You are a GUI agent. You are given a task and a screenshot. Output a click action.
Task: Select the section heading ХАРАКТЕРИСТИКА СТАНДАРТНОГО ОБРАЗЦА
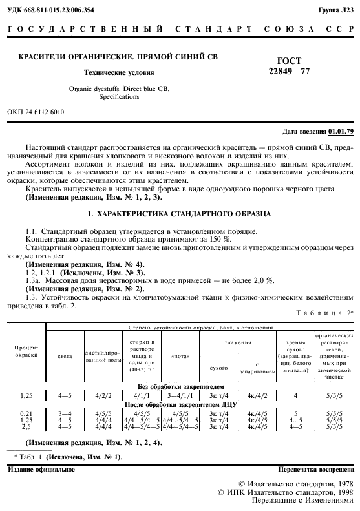coord(180,213)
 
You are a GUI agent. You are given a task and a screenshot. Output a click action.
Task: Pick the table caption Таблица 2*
coord(328,312)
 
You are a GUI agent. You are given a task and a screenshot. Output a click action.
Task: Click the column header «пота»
coord(180,355)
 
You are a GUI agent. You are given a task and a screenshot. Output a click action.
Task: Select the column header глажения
coord(238,342)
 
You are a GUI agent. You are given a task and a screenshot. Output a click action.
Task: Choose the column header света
coord(65,355)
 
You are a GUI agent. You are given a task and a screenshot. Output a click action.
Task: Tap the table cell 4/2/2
coord(104,393)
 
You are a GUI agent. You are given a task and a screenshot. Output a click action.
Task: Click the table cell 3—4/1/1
coord(180,393)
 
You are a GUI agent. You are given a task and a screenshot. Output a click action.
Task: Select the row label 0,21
coord(26,412)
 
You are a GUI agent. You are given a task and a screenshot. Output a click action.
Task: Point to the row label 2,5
coord(26,426)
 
